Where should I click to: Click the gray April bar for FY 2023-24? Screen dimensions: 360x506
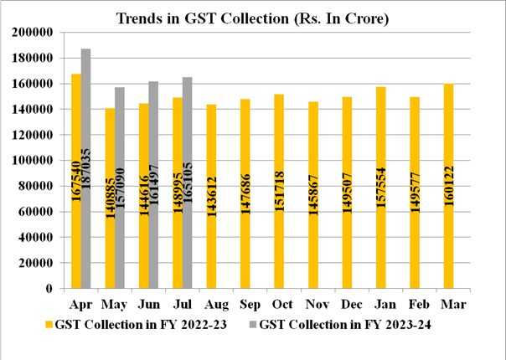(86, 167)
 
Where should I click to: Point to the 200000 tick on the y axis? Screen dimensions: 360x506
(33, 33)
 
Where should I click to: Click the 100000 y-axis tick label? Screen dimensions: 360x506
(33, 160)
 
